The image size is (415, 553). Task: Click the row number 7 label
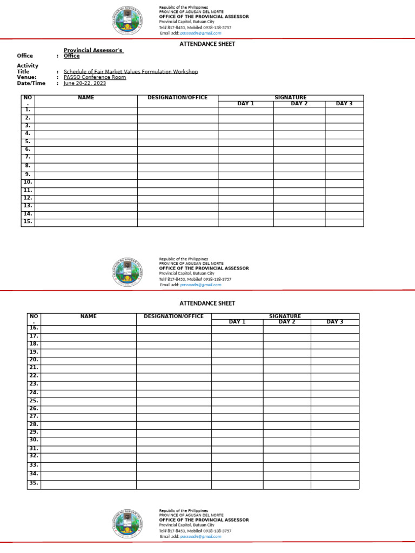pyautogui.click(x=28, y=157)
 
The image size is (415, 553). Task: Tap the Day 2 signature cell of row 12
pyautogui.click(x=299, y=198)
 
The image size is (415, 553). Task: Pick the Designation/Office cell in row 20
pyautogui.click(x=173, y=360)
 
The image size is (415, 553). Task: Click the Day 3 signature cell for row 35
pyautogui.click(x=334, y=484)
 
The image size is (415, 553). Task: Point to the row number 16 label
pyautogui.click(x=34, y=328)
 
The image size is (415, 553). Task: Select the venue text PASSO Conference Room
pyautogui.click(x=95, y=77)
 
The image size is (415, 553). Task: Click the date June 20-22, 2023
pyautogui.click(x=85, y=83)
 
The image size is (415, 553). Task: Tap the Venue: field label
pyautogui.click(x=26, y=77)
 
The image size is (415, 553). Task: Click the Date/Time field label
pyautogui.click(x=31, y=83)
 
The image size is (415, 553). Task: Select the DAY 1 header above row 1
pyautogui.click(x=245, y=104)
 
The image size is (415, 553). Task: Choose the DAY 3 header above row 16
pyautogui.click(x=334, y=322)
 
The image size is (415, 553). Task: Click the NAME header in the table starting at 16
pyautogui.click(x=88, y=316)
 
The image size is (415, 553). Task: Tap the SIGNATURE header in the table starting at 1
pyautogui.click(x=290, y=98)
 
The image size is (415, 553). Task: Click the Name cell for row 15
pyautogui.click(x=86, y=222)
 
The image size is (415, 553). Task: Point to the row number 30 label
pyautogui.click(x=34, y=440)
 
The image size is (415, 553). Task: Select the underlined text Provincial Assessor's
pyautogui.click(x=93, y=50)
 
